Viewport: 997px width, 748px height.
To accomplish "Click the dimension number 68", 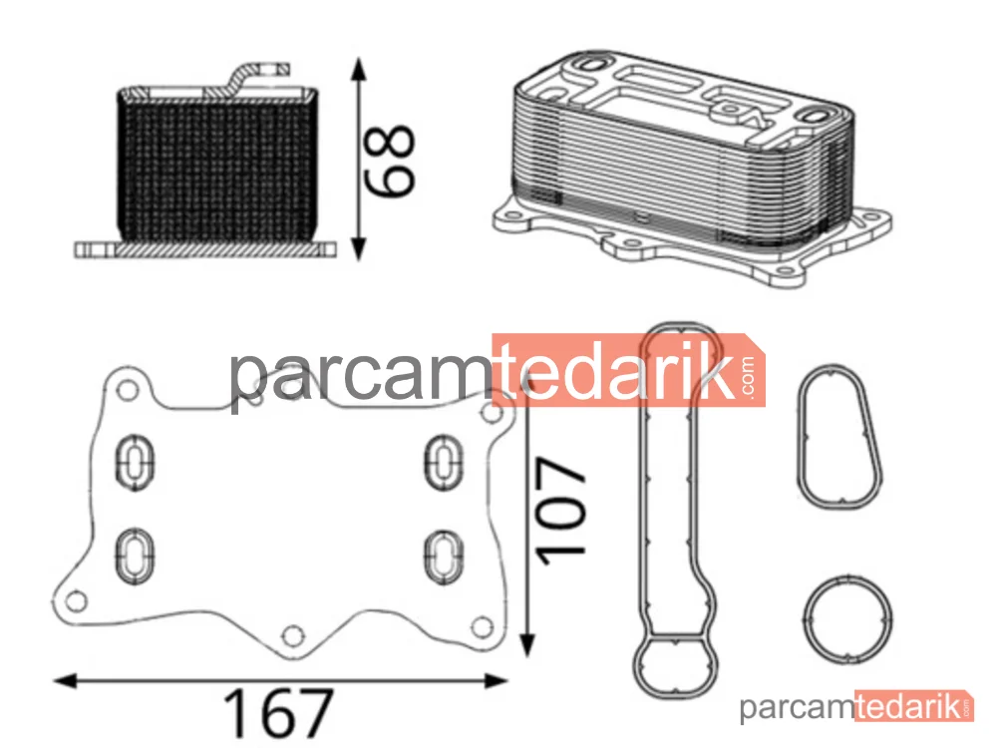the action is (x=389, y=161).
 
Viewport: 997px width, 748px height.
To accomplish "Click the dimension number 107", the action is (x=560, y=510).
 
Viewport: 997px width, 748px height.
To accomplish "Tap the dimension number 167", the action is (x=278, y=713).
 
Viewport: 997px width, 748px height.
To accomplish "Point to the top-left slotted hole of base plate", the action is (x=135, y=462).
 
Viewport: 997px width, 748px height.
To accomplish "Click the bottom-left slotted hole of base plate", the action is (x=135, y=555).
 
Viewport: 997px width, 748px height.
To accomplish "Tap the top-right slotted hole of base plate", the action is (x=444, y=462).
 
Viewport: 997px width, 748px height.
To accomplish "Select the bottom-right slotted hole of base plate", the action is (x=444, y=556).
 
